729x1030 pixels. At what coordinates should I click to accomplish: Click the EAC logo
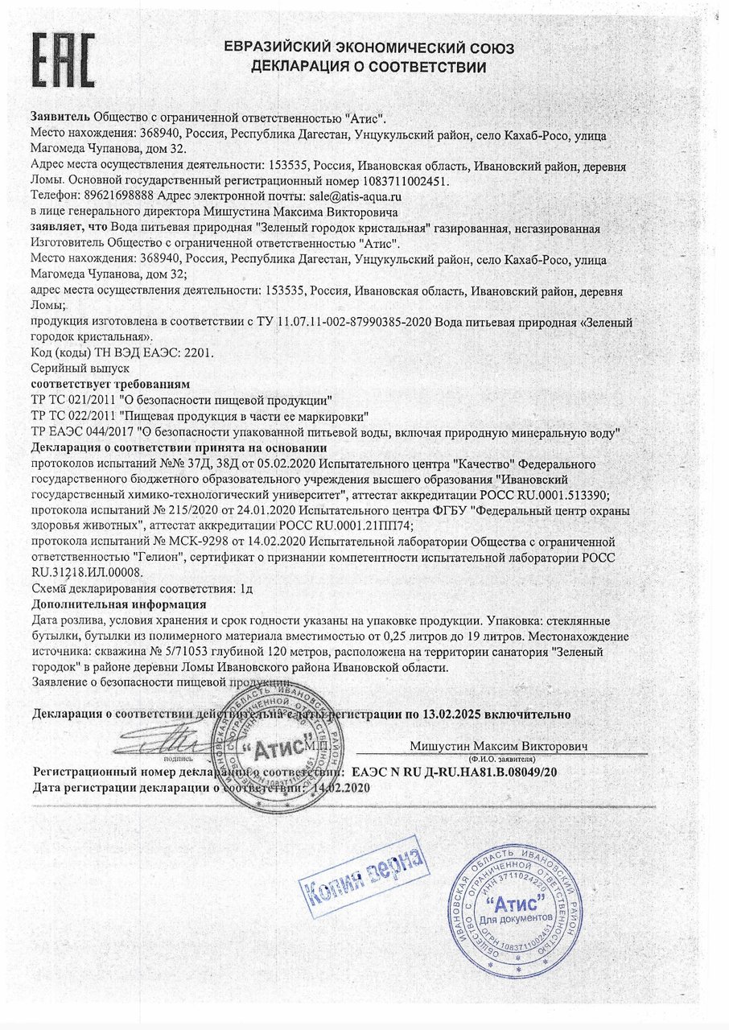coord(64,60)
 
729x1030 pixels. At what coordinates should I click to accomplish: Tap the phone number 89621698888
coord(117,196)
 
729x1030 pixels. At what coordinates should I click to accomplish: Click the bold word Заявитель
coord(60,117)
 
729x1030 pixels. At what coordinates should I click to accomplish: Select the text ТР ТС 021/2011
coord(72,400)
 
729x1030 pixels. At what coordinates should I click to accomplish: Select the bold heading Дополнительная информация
coord(118,604)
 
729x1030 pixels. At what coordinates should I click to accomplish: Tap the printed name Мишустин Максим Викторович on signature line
coord(499,746)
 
